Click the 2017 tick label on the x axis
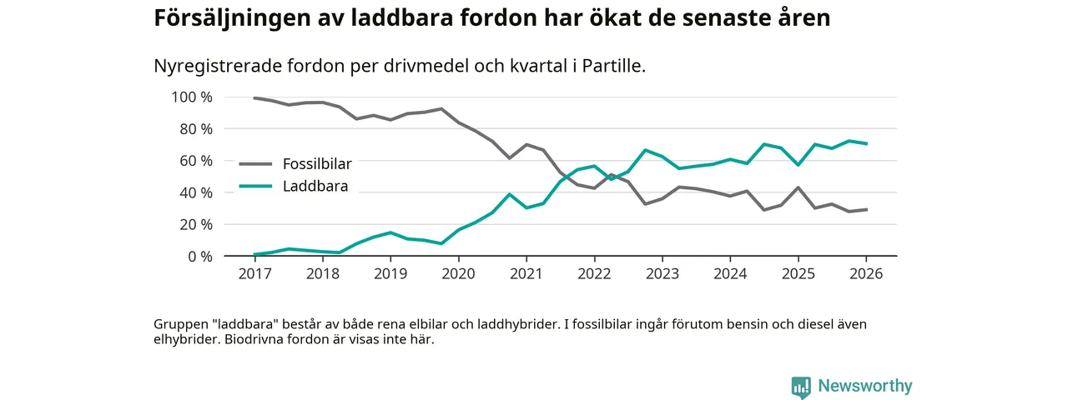[254, 273]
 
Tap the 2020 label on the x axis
[458, 273]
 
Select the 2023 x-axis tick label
[662, 273]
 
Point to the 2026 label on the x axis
[866, 273]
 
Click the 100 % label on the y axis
[192, 97]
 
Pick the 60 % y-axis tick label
[195, 161]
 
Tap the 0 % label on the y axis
[199, 257]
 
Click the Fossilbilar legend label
[317, 164]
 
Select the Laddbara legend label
[315, 186]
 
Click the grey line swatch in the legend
[256, 164]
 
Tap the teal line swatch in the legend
[256, 186]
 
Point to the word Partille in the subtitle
[615, 66]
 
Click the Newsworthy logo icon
[801, 387]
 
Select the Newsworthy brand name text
[864, 386]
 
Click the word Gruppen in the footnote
[179, 324]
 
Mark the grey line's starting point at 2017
[254, 98]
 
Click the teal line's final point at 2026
[866, 143]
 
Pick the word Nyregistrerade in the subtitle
[209, 66]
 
